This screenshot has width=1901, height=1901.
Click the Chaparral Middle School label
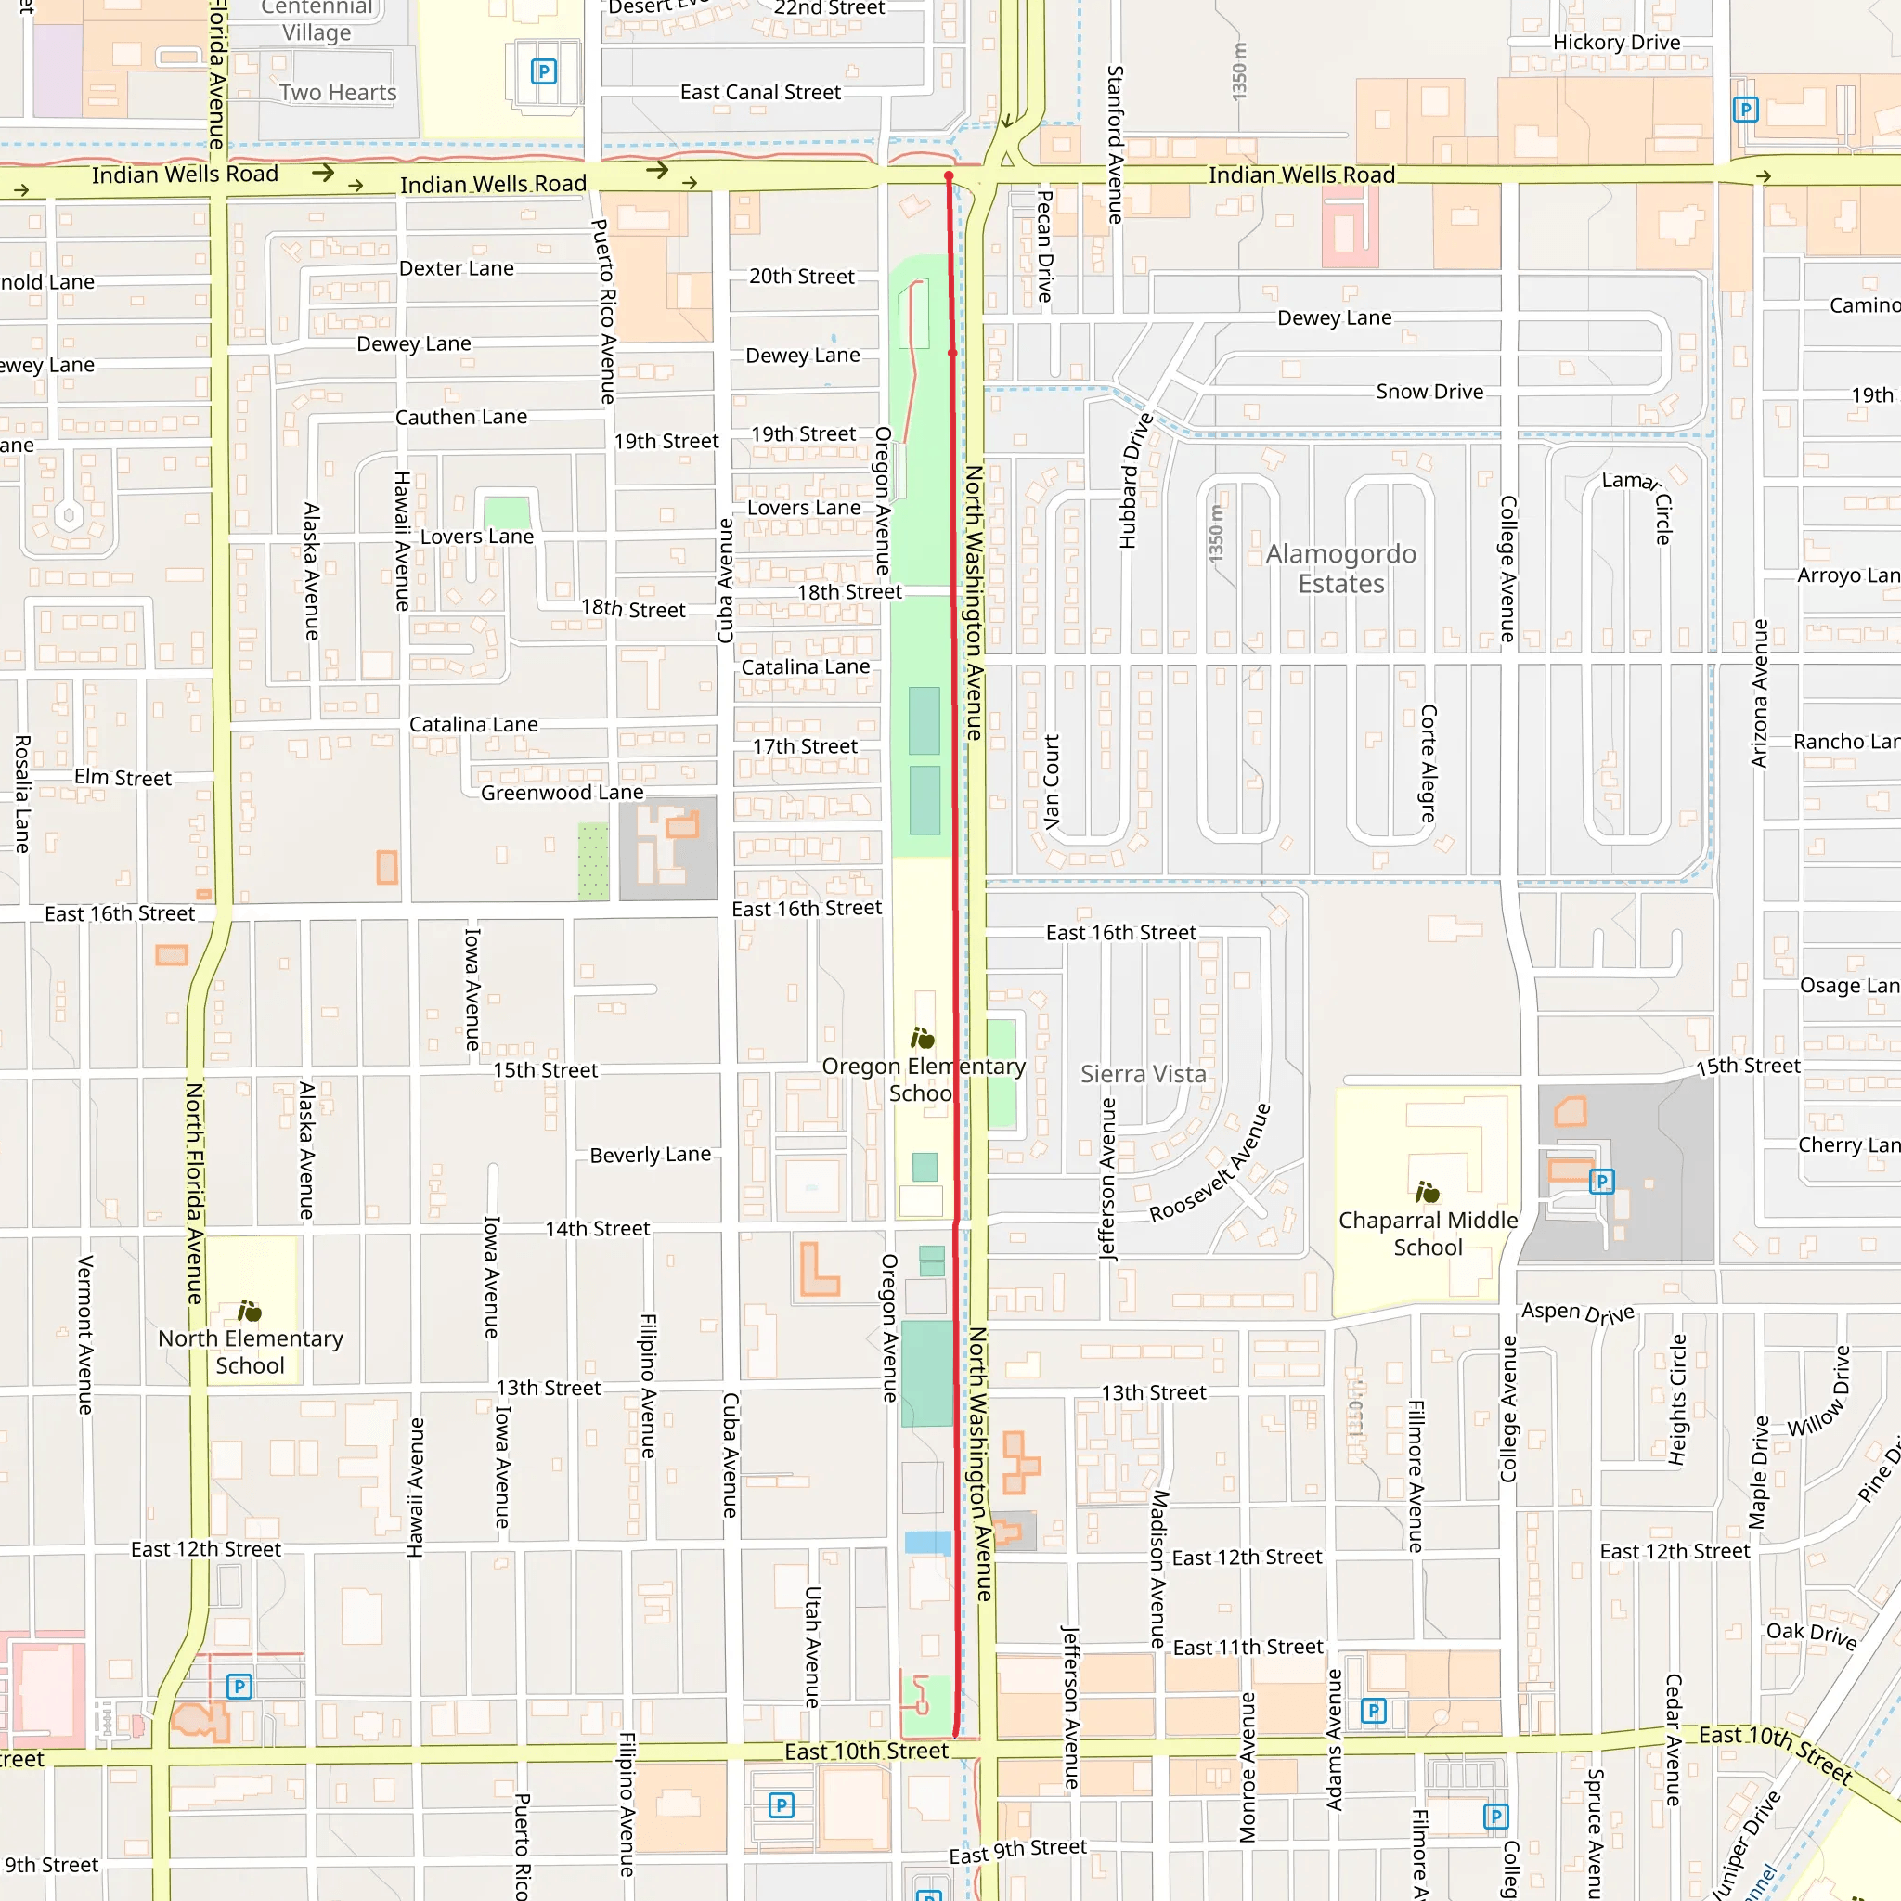1428,1233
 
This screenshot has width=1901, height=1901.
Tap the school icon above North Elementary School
250,1311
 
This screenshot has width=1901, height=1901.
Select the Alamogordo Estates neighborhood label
1340,569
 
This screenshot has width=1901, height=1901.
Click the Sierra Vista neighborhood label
1143,1074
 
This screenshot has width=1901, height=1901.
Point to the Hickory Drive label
1616,43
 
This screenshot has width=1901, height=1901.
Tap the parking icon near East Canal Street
543,71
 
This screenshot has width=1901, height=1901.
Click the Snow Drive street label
1429,392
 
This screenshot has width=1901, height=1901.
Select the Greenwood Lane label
562,792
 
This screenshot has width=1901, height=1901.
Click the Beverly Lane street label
650,1154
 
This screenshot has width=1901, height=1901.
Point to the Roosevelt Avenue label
1210,1163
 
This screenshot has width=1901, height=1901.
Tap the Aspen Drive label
1577,1312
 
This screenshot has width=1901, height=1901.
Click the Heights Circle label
1677,1399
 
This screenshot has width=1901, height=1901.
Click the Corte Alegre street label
1428,763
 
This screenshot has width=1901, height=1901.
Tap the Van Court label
1052,782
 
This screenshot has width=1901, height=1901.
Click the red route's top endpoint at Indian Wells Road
949,176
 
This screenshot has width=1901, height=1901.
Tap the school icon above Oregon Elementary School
922,1038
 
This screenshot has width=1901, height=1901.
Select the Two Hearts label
338,93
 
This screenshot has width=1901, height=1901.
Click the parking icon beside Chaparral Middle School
1601,1181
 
